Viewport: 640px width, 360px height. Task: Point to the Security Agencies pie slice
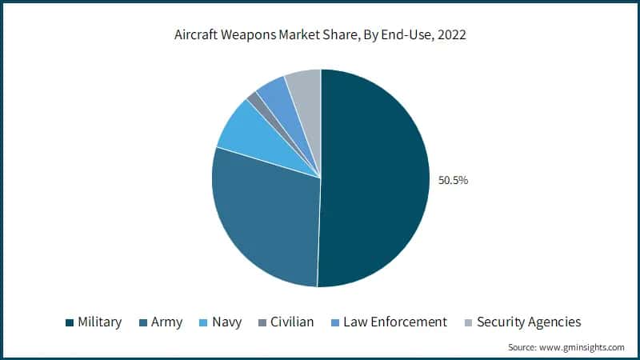(x=306, y=83)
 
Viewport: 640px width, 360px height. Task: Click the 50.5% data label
(x=453, y=180)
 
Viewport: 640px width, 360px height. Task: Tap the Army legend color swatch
(x=143, y=322)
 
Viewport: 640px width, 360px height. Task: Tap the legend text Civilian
(x=292, y=322)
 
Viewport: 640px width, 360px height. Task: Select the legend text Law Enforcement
(x=395, y=322)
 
